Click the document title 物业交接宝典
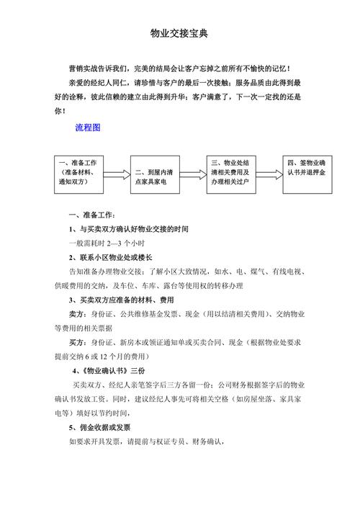click(x=179, y=34)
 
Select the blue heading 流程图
click(x=88, y=127)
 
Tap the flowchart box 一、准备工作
click(x=81, y=172)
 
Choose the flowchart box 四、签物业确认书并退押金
click(x=306, y=172)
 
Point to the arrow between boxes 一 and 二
click(x=118, y=173)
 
